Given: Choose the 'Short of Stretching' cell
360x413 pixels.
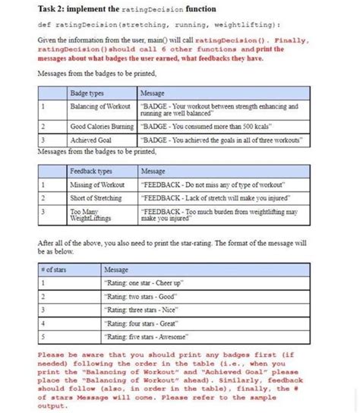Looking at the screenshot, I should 96,197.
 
